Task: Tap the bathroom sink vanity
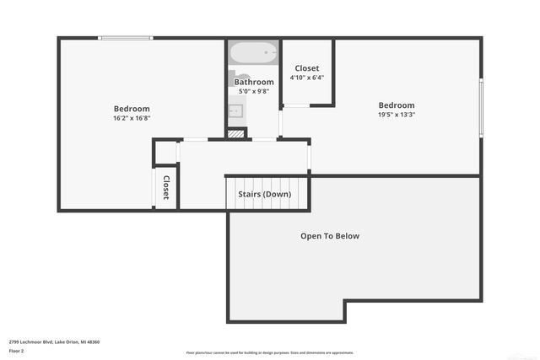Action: tap(235, 110)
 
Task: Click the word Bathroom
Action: tap(254, 82)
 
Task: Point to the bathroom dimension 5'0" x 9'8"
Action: tap(254, 91)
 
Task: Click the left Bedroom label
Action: tap(132, 109)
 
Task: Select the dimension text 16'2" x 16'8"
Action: tap(132, 118)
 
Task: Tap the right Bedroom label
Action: tap(396, 105)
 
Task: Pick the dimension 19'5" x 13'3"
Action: tap(396, 115)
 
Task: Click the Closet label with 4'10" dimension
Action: tap(306, 68)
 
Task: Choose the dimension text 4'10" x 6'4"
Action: tap(306, 78)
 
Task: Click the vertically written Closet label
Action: tap(166, 187)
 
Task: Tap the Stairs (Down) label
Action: tap(264, 194)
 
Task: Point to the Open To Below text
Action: tap(330, 236)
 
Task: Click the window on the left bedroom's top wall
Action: tap(126, 37)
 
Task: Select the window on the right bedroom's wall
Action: tap(481, 106)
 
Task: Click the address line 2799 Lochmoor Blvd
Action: tap(54, 341)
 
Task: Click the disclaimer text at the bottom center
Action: tap(269, 352)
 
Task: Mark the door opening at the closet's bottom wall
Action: tap(294, 105)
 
